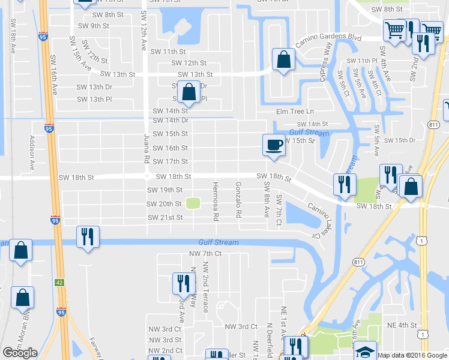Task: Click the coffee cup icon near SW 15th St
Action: [274, 145]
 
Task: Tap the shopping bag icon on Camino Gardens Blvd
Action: [283, 59]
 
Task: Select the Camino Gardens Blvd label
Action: [328, 38]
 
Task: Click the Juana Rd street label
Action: [146, 149]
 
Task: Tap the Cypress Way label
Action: [328, 57]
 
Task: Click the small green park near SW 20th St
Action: [193, 203]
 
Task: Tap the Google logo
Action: [20, 353]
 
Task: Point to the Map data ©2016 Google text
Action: [412, 355]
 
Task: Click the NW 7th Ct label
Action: [205, 254]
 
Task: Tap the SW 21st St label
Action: [165, 217]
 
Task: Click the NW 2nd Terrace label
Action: [205, 287]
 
